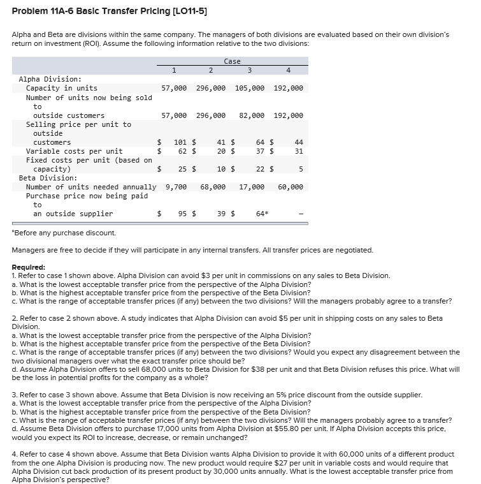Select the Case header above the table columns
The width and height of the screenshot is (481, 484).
click(x=233, y=61)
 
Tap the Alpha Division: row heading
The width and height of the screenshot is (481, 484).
click(x=50, y=79)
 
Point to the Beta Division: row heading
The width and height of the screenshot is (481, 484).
click(x=48, y=178)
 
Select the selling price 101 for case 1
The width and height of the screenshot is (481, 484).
click(x=180, y=142)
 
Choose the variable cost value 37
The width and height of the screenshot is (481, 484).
click(x=260, y=151)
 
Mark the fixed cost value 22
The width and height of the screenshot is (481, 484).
click(x=260, y=169)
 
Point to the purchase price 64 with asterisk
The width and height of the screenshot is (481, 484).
click(x=261, y=214)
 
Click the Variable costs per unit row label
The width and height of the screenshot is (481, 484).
click(x=74, y=151)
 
